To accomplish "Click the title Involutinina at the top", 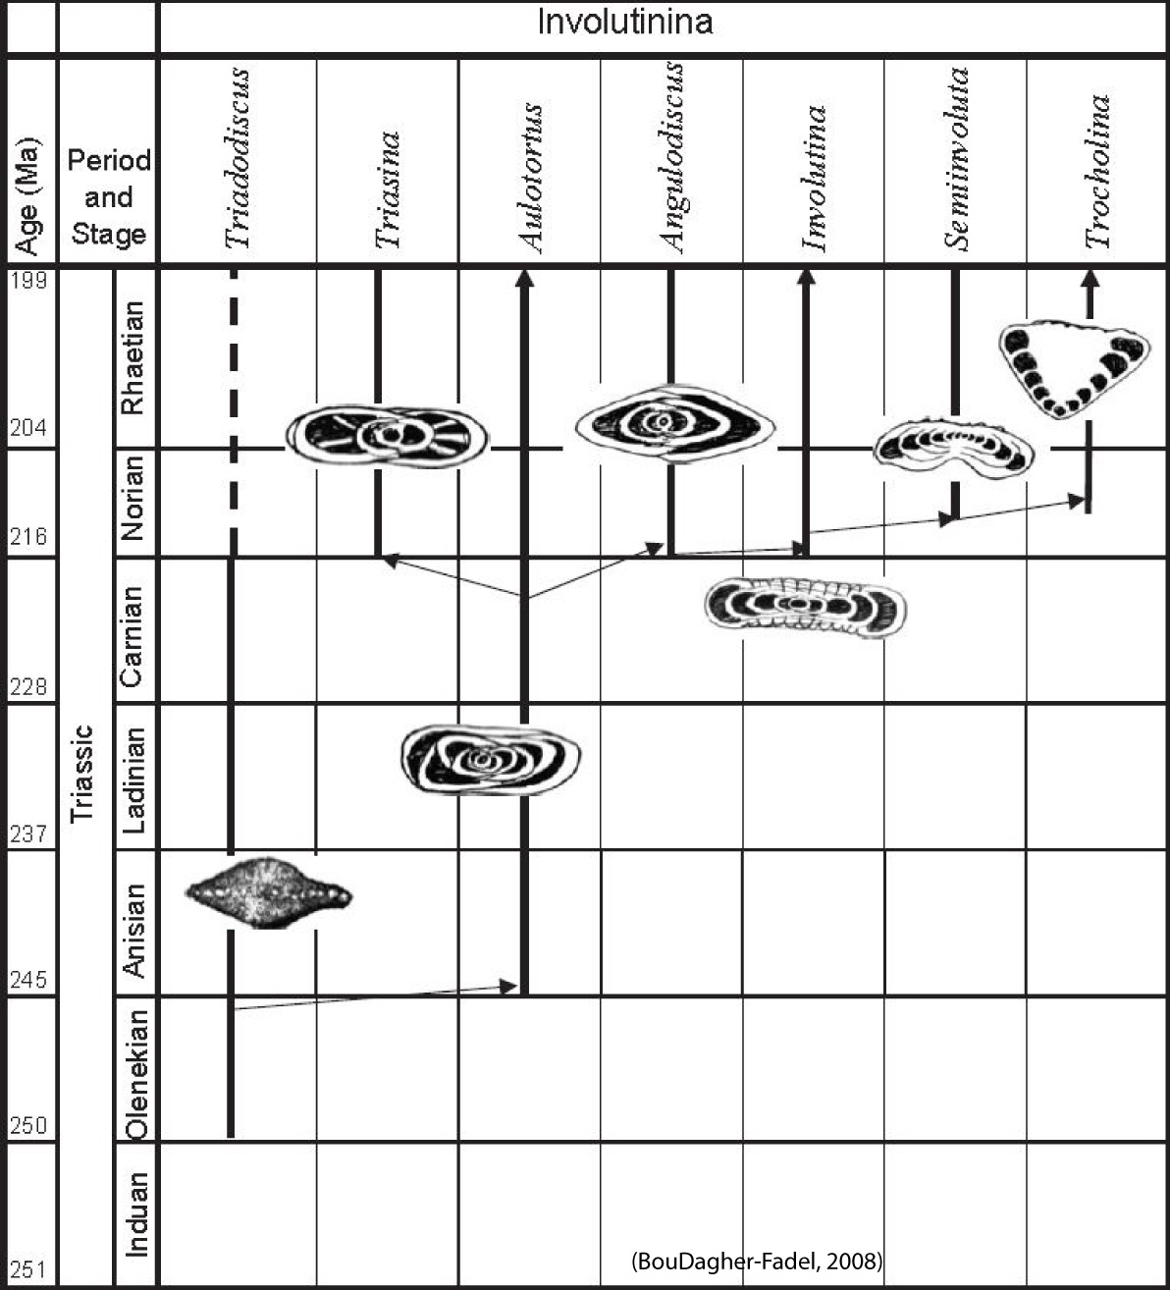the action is pyautogui.click(x=624, y=22).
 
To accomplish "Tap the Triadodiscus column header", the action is pyautogui.click(x=237, y=158).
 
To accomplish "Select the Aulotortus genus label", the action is pyautogui.click(x=531, y=178).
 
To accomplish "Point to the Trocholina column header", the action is pyautogui.click(x=1097, y=172).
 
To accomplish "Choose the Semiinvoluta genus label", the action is pyautogui.click(x=956, y=158).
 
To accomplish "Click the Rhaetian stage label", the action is pyautogui.click(x=133, y=357).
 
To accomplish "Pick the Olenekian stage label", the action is pyautogui.click(x=137, y=1075).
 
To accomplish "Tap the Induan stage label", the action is pyautogui.click(x=137, y=1214).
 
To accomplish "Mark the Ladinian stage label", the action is pyautogui.click(x=133, y=780).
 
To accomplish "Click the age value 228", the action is pyautogui.click(x=28, y=687).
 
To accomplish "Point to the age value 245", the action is pyautogui.click(x=28, y=980).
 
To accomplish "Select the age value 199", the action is pyautogui.click(x=28, y=281).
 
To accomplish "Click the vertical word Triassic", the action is pyautogui.click(x=82, y=775).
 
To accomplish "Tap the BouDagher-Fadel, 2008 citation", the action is pyautogui.click(x=757, y=1262).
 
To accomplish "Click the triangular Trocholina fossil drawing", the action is pyautogui.click(x=1074, y=368).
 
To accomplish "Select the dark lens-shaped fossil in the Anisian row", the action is pyautogui.click(x=269, y=892).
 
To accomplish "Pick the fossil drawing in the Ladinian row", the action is pyautogui.click(x=491, y=760).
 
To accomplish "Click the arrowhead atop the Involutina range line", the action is pyautogui.click(x=807, y=277).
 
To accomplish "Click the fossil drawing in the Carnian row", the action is pyautogui.click(x=805, y=609).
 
